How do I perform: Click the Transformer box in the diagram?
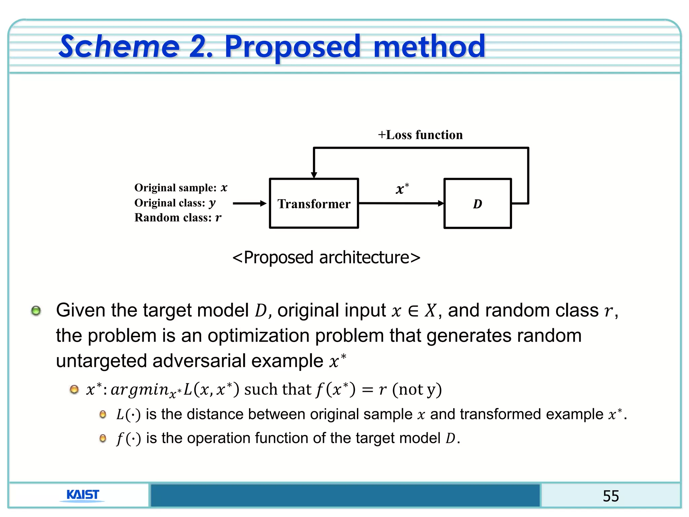click(314, 204)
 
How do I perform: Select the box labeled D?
click(477, 204)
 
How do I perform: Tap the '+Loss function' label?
click(420, 135)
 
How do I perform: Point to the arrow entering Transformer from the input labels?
click(249, 203)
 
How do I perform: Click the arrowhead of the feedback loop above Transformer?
click(314, 174)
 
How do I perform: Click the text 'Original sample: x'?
click(181, 188)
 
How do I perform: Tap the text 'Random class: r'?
click(178, 218)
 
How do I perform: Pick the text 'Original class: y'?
click(175, 203)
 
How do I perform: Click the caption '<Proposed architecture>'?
click(326, 257)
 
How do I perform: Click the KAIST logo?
click(82, 495)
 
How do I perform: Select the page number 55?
click(611, 496)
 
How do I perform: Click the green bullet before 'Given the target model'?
click(36, 310)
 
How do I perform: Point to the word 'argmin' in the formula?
click(140, 390)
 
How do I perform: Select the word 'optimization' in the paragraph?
click(259, 336)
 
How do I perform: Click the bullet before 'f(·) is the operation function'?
click(103, 438)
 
